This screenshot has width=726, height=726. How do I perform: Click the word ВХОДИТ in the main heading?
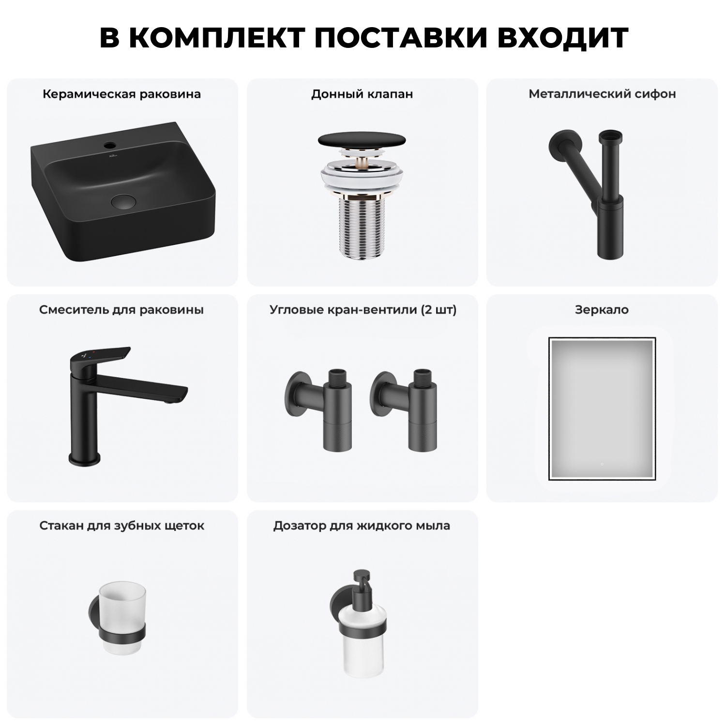562,38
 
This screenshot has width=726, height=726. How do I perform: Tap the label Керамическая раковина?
121,94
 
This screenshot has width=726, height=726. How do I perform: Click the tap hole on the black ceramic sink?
111,144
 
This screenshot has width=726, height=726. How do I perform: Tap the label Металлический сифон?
602,94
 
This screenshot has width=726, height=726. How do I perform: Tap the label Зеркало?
602,310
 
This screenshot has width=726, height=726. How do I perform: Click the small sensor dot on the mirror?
602,464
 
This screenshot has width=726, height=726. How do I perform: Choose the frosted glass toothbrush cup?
122,605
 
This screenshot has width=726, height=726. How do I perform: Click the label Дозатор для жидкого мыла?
362,526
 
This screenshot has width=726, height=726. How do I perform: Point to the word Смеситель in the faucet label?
74,310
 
